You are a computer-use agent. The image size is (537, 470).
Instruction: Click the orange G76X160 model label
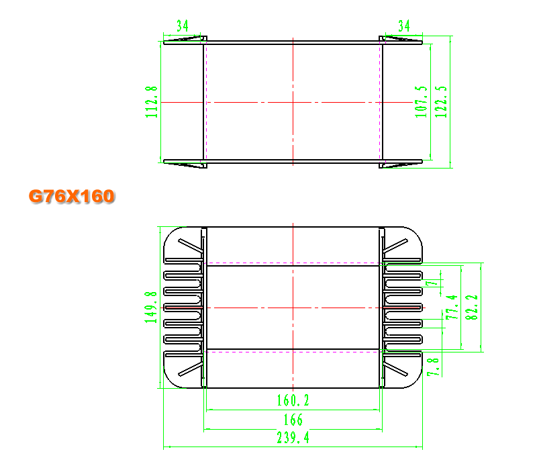coord(72,196)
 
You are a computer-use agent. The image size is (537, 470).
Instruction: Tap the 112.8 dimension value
coord(152,102)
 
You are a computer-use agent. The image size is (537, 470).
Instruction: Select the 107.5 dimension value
coord(422,102)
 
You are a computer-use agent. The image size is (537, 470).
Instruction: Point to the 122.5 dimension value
coord(441,102)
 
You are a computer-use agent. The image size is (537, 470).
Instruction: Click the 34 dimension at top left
coord(183,26)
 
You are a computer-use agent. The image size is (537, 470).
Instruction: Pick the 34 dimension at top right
coord(404,26)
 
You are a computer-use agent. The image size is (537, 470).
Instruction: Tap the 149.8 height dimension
coord(150,308)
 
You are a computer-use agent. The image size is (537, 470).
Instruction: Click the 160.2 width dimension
coord(293,400)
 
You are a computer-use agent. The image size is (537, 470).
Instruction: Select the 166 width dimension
coord(293,420)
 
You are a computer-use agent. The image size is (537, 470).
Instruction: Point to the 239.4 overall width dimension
coord(293,438)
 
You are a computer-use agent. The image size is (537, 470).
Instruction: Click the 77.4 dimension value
coord(452,308)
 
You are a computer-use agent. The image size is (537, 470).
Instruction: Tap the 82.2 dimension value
coord(472,308)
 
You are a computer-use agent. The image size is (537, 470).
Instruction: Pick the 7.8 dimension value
coord(433,367)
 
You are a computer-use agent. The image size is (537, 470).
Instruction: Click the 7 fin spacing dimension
coord(432,283)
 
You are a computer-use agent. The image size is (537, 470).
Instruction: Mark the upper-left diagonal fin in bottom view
coord(191,246)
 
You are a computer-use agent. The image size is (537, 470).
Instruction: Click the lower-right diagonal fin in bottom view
coord(395,369)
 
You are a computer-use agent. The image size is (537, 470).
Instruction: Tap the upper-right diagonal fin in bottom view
coord(395,246)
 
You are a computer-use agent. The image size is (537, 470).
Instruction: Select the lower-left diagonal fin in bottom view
coord(191,369)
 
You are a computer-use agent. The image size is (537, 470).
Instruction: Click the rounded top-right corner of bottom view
coord(416,232)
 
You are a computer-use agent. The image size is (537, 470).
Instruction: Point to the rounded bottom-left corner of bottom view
coord(170,382)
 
